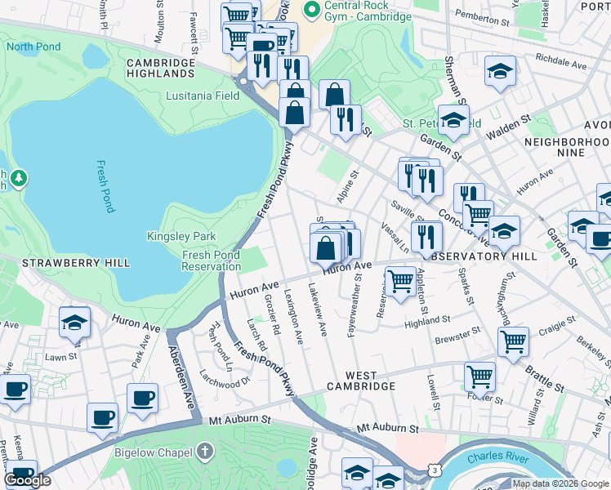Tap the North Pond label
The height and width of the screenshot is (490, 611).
point(33,47)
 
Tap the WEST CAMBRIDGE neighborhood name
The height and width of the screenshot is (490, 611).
point(363,385)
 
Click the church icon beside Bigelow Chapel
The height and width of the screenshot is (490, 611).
point(205,450)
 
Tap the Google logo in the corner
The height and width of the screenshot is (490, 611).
point(27,480)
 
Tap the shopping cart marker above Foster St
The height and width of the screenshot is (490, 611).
point(479,376)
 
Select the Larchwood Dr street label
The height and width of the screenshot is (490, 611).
point(222,382)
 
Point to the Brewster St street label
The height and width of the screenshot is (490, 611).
point(457,336)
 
